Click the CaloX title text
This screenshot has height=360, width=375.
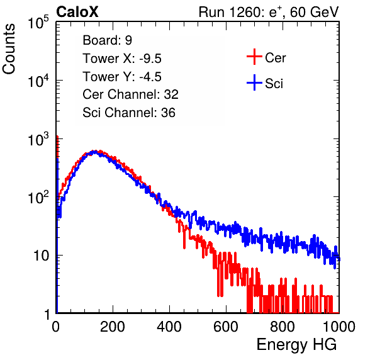click(77, 12)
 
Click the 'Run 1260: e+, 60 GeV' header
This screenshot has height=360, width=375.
click(269, 12)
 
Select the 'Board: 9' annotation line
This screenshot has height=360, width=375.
click(107, 40)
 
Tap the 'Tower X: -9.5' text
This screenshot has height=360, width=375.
click(122, 59)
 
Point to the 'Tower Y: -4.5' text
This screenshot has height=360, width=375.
click(122, 77)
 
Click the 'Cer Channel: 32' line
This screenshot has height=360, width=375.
click(130, 94)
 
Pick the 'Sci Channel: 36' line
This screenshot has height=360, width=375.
click(129, 113)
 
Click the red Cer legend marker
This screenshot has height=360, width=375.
click(254, 57)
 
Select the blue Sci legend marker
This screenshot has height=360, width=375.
click(254, 83)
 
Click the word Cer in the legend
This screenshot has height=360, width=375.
click(275, 58)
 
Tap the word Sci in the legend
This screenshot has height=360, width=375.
click(274, 84)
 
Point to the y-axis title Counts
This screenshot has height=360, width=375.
click(9, 49)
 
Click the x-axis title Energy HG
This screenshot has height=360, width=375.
click(296, 345)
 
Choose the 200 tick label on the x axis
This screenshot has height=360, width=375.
click(113, 327)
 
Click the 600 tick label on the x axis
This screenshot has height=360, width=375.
click(226, 327)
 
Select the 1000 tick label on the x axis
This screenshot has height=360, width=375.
click(339, 327)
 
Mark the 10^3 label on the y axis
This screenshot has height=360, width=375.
click(38, 139)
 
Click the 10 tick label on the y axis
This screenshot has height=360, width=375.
click(41, 256)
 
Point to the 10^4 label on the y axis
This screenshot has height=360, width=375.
click(38, 81)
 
